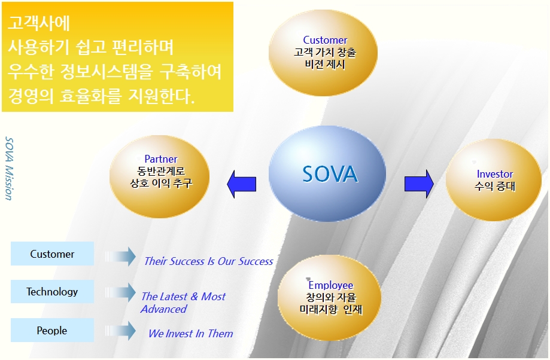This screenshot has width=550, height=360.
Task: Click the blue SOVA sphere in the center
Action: coord(327,173)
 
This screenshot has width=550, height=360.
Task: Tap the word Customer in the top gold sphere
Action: coord(325,40)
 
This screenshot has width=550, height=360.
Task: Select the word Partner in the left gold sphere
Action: coord(161,159)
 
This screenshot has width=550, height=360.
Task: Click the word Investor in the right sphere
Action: coord(494,174)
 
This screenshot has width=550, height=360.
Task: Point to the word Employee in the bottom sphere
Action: coord(331,285)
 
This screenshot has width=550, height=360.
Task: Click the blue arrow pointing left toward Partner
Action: coord(242,184)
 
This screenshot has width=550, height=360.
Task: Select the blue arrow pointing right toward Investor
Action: coord(419,184)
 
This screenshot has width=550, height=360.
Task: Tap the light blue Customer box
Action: coord(52,254)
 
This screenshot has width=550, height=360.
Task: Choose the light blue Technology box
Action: coord(52,291)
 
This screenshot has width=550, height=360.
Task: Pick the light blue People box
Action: coord(52,330)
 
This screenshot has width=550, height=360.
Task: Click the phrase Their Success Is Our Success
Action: coord(209,261)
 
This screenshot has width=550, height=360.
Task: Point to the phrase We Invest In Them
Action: coord(190,333)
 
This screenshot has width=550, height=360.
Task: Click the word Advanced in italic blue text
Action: coord(163,309)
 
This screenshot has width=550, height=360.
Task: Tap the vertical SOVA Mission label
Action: coord(10,169)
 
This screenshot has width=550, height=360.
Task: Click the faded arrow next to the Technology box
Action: coord(120,292)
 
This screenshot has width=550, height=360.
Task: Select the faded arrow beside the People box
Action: coord(120,331)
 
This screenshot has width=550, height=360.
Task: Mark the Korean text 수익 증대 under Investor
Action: coord(494,186)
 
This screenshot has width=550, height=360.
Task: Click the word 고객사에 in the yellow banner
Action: coord(39,23)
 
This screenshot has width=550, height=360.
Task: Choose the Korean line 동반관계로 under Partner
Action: coord(160,171)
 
